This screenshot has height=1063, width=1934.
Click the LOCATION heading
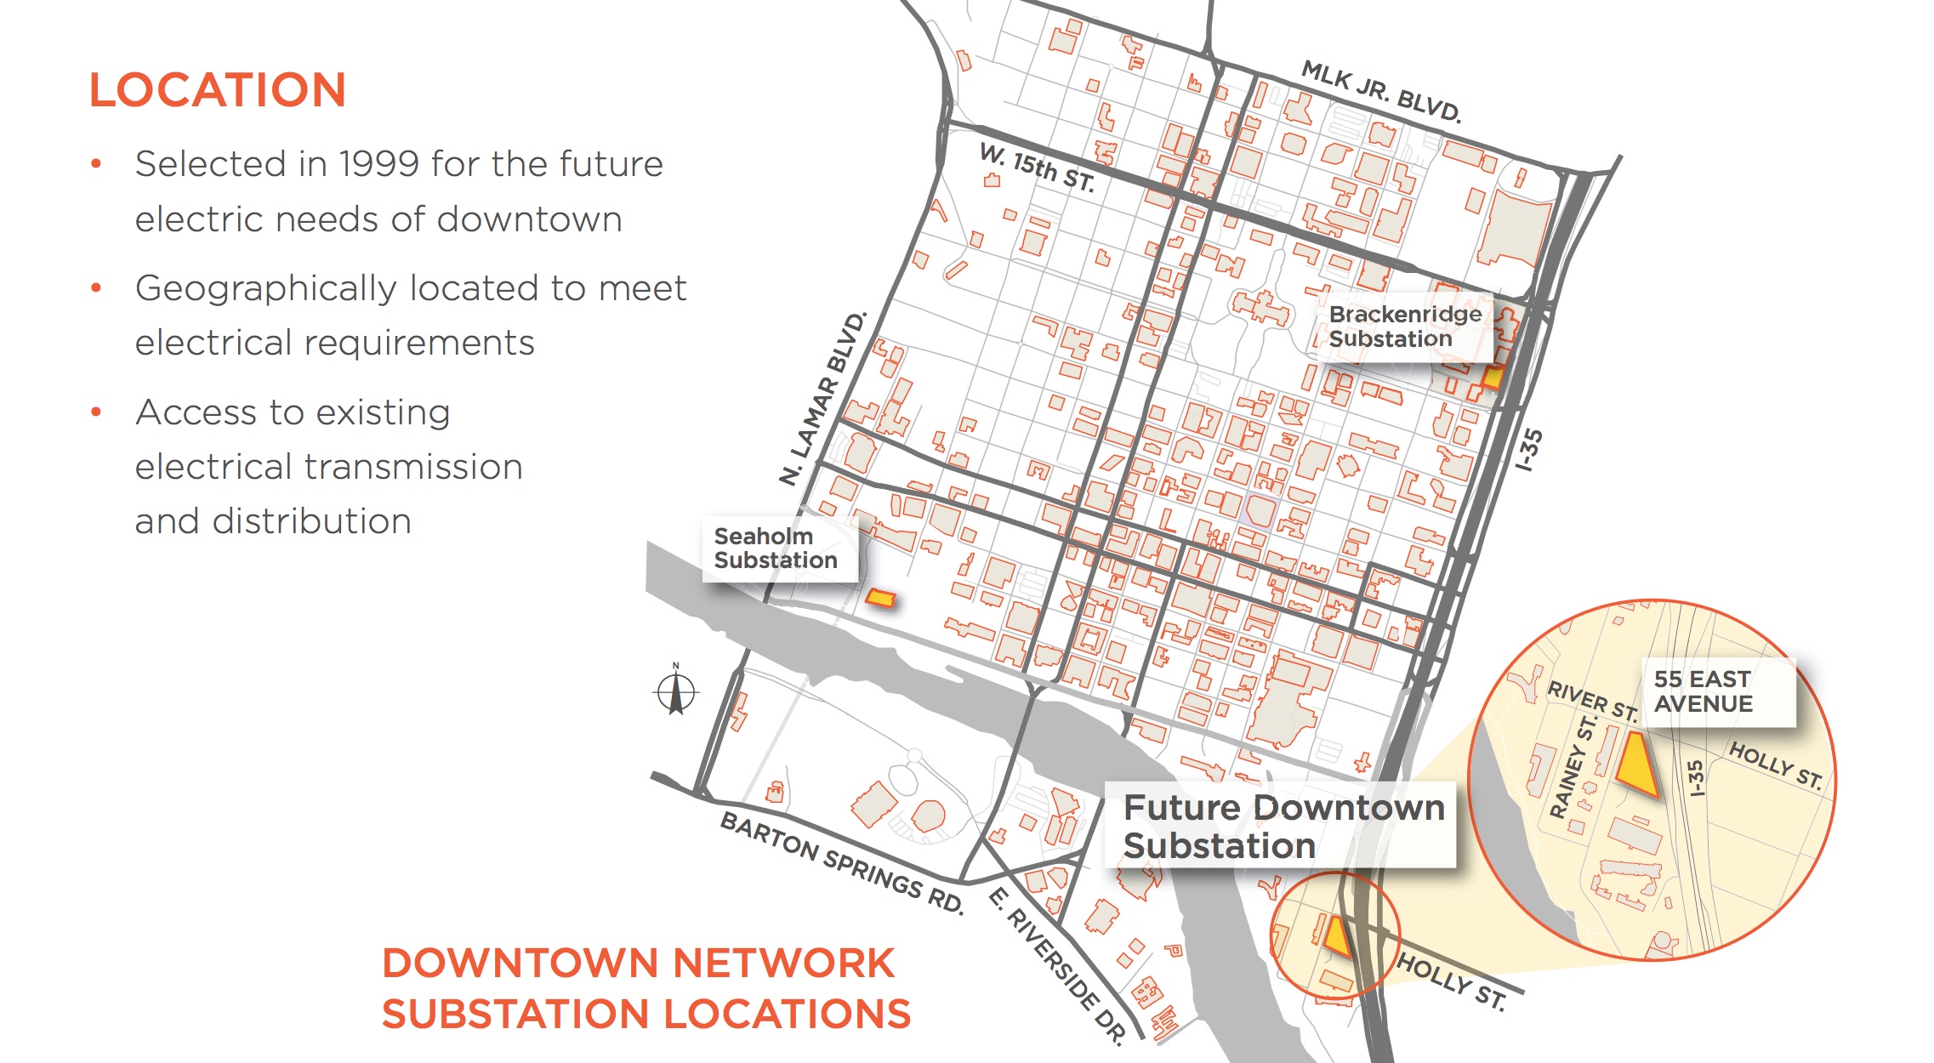[217, 90]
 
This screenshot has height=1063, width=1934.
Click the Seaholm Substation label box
[776, 549]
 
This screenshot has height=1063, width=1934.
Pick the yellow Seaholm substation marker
[880, 599]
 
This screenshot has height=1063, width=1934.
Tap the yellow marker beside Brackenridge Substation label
[1492, 377]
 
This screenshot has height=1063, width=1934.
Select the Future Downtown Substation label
[1283, 826]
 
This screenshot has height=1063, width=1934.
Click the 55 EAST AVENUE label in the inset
[1703, 691]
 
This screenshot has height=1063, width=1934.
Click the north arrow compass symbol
[677, 692]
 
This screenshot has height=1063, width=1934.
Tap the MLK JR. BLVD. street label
[1381, 92]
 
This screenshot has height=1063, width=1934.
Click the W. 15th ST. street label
[1037, 167]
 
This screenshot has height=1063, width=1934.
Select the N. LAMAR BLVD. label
[823, 399]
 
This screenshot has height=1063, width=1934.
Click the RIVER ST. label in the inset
[1591, 701]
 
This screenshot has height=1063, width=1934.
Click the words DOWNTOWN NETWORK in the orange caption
[638, 964]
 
